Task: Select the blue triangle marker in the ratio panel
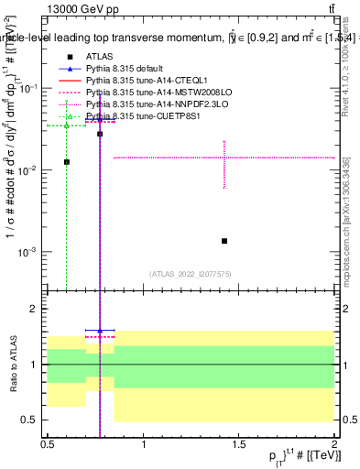point(99,330)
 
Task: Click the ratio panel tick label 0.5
point(30,420)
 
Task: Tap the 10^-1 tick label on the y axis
point(27,88)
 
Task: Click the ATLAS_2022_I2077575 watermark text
point(191,273)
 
